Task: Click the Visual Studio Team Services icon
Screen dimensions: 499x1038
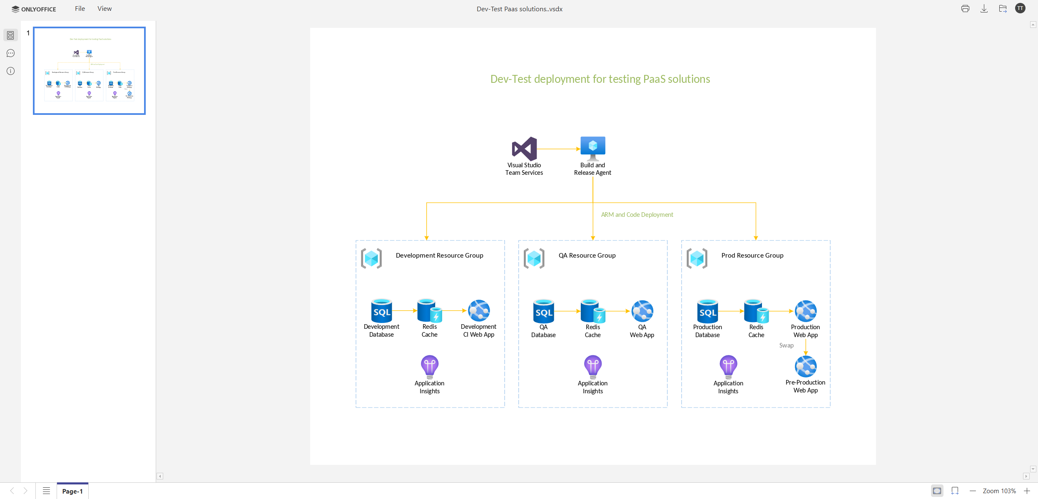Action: point(524,149)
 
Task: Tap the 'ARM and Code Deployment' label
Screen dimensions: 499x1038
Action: point(637,215)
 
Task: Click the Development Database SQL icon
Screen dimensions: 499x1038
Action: point(381,311)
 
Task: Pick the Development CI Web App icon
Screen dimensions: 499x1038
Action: point(479,310)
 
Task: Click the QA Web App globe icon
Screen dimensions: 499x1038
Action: point(642,311)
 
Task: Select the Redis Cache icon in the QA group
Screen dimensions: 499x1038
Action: point(592,311)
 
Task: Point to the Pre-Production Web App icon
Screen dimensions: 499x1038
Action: point(805,366)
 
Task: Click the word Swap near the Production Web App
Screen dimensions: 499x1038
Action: point(786,345)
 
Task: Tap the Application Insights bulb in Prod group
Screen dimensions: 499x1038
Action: point(728,366)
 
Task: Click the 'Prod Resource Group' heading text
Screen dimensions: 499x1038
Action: point(752,256)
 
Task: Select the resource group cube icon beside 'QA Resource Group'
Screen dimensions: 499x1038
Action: point(534,258)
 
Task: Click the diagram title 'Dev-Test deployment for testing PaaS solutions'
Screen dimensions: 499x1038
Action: point(600,79)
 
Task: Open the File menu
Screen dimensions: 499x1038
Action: point(80,9)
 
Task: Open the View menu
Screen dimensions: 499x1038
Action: point(105,9)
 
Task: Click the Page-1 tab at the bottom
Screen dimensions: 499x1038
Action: point(72,491)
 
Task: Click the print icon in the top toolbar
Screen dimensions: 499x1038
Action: point(965,9)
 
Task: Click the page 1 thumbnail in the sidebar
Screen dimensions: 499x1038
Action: point(90,71)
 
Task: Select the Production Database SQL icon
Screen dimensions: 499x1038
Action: point(707,311)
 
